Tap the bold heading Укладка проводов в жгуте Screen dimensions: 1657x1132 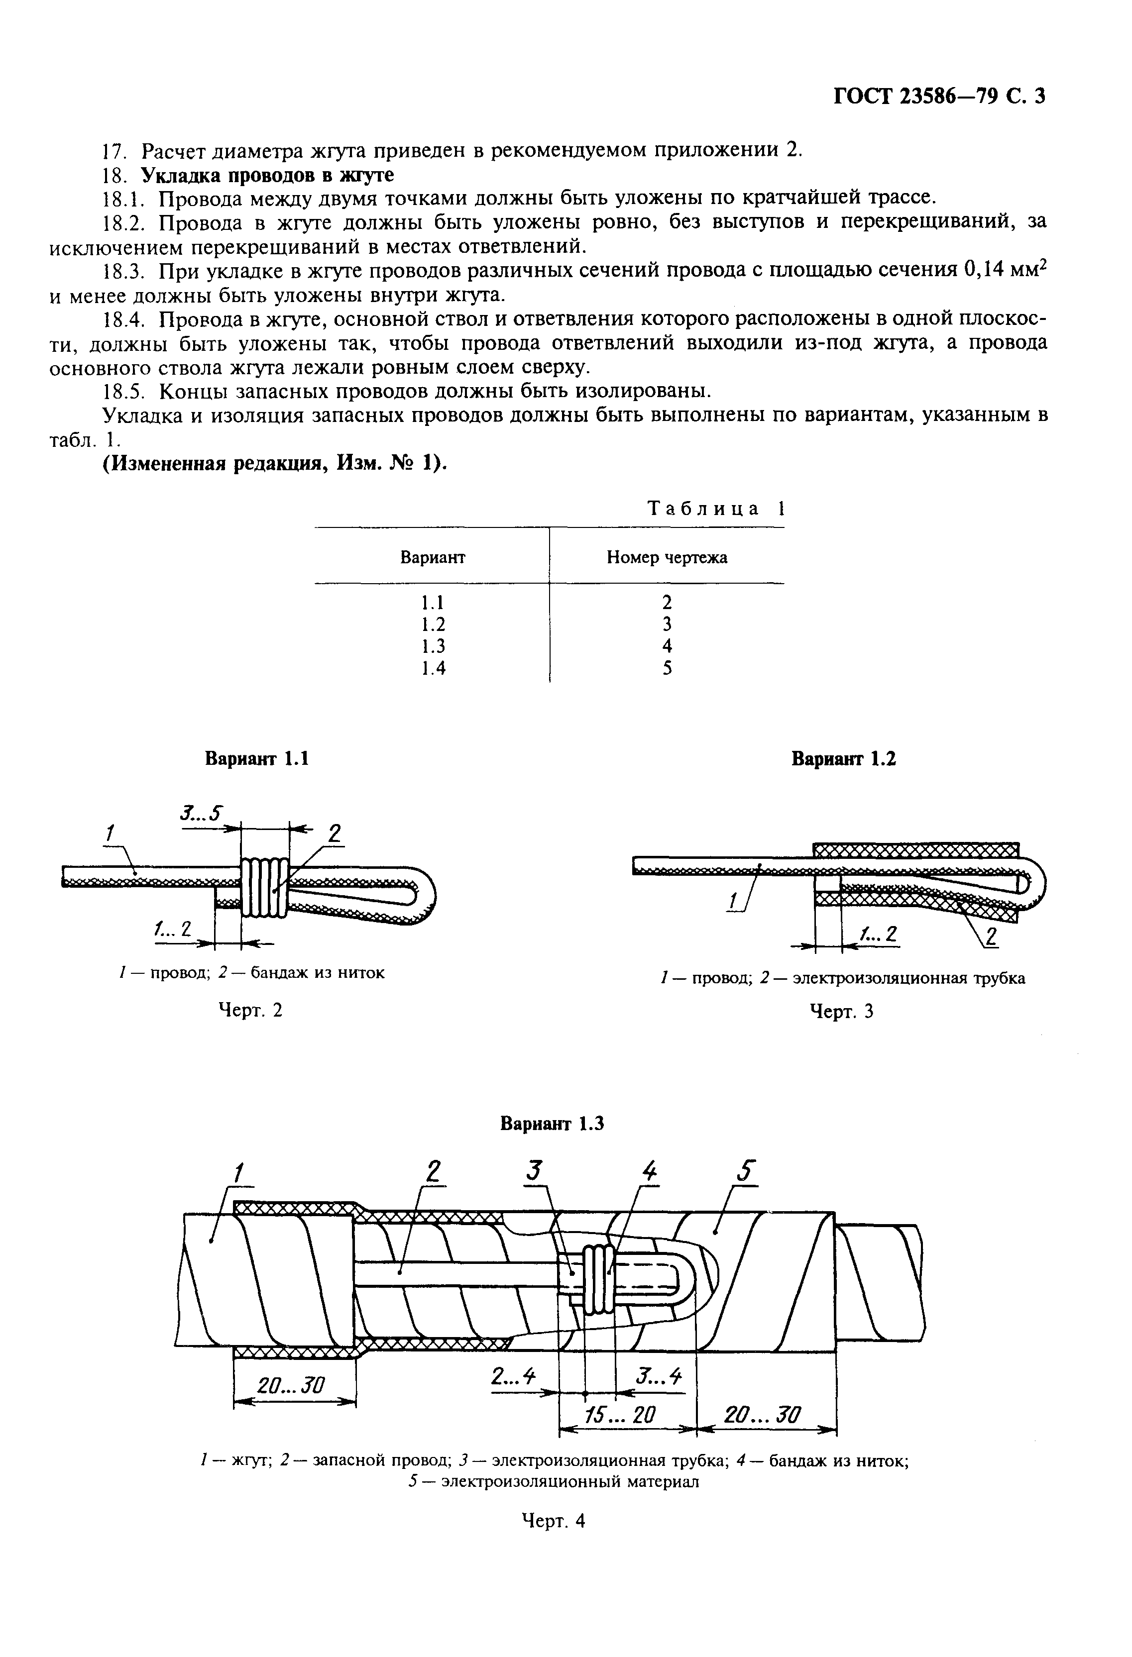tap(267, 175)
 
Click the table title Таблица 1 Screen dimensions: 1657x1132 tap(715, 509)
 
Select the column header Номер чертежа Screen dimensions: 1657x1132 tap(667, 558)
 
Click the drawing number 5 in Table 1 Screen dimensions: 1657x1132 tap(667, 668)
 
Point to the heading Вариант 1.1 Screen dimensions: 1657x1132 tap(257, 759)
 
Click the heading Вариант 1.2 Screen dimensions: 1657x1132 tap(843, 759)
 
